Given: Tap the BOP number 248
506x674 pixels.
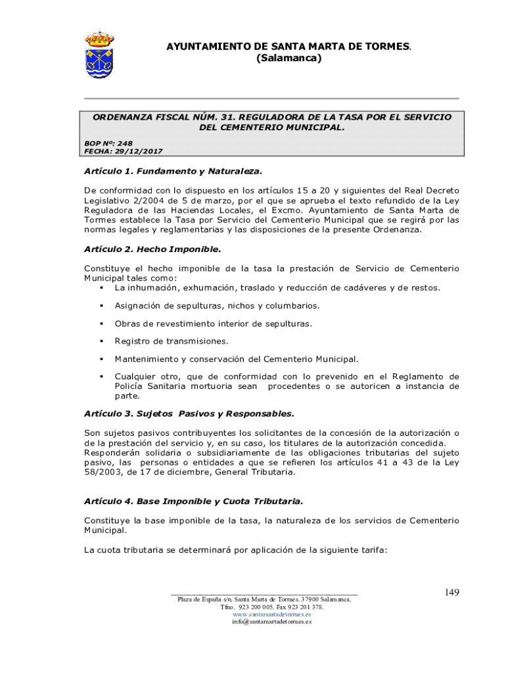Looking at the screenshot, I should pos(125,143).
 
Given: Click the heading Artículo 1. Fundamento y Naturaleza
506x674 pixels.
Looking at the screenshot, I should pos(173,171).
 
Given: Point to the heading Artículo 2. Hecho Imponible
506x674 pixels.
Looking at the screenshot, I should pos(152,249).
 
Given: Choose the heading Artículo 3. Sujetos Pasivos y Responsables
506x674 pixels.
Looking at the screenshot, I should pos(189,414).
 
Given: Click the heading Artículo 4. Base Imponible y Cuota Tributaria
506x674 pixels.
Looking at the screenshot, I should pos(193,501).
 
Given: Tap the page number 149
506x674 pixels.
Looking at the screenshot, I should pos(451,592).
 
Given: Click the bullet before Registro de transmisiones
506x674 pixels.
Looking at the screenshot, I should pos(102,341).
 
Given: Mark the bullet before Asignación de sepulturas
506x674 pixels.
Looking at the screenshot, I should pos(102,305).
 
